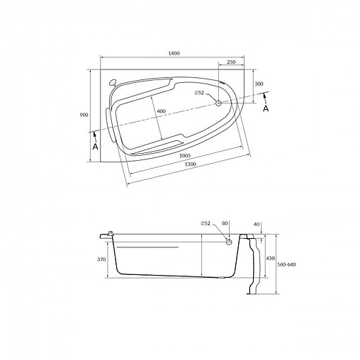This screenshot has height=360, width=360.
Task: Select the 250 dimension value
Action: tap(232, 63)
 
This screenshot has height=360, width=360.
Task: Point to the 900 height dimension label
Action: tap(84, 115)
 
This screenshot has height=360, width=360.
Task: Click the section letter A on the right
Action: tap(266, 109)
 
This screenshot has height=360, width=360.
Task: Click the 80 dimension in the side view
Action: tap(225, 224)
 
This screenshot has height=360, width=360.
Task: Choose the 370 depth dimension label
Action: tap(101, 259)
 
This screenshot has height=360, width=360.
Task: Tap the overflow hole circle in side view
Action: tap(229, 242)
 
